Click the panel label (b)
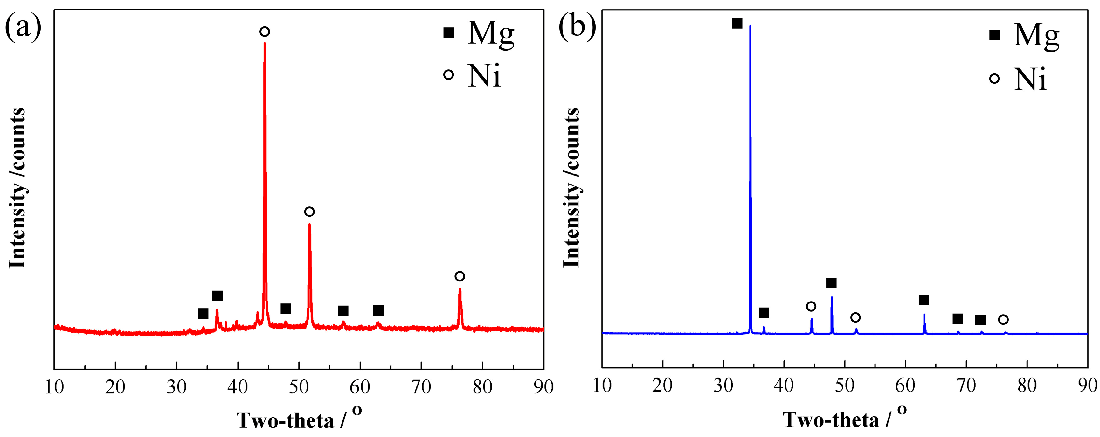577,26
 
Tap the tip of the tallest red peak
265,44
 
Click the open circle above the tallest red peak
265,31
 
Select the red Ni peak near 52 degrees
310,225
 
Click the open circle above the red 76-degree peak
460,276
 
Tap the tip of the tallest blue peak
750,26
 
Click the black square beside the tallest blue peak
737,23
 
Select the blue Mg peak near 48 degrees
832,297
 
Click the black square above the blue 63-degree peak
924,300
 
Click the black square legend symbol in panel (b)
994,35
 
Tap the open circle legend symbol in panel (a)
448,74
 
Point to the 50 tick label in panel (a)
299,387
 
